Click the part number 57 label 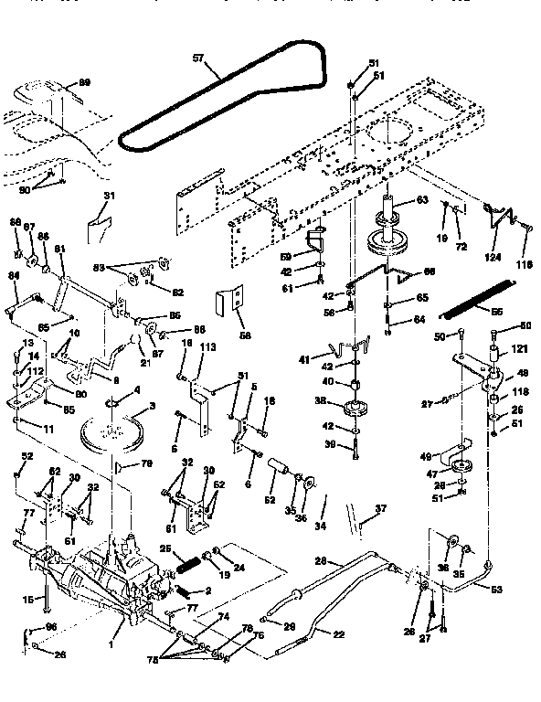pyautogui.click(x=199, y=58)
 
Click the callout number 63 pyautogui.click(x=421, y=199)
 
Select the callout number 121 pyautogui.click(x=520, y=350)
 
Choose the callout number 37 pyautogui.click(x=381, y=510)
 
